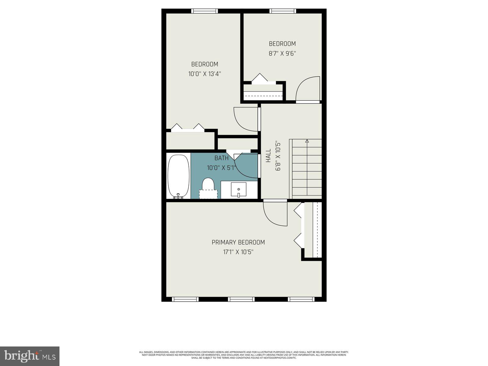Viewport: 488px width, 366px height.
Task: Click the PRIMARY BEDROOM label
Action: pos(238,242)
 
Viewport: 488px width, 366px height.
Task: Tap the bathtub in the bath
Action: pos(178,177)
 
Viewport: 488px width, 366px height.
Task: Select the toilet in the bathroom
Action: pos(208,187)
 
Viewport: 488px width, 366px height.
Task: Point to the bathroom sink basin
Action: pos(239,190)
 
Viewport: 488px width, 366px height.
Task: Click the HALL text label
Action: pos(268,155)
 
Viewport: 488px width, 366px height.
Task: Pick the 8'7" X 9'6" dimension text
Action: pos(282,53)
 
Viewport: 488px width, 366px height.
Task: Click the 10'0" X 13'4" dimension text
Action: pos(204,74)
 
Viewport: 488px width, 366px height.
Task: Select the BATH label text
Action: pos(221,158)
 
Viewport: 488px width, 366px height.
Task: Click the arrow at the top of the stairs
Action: pos(307,141)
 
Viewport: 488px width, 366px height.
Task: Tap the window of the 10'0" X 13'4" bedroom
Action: pos(205,11)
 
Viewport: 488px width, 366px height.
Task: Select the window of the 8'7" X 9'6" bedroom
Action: pos(283,11)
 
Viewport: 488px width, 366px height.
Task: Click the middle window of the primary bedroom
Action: pos(241,299)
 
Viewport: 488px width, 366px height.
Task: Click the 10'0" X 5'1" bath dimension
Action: pos(221,168)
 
